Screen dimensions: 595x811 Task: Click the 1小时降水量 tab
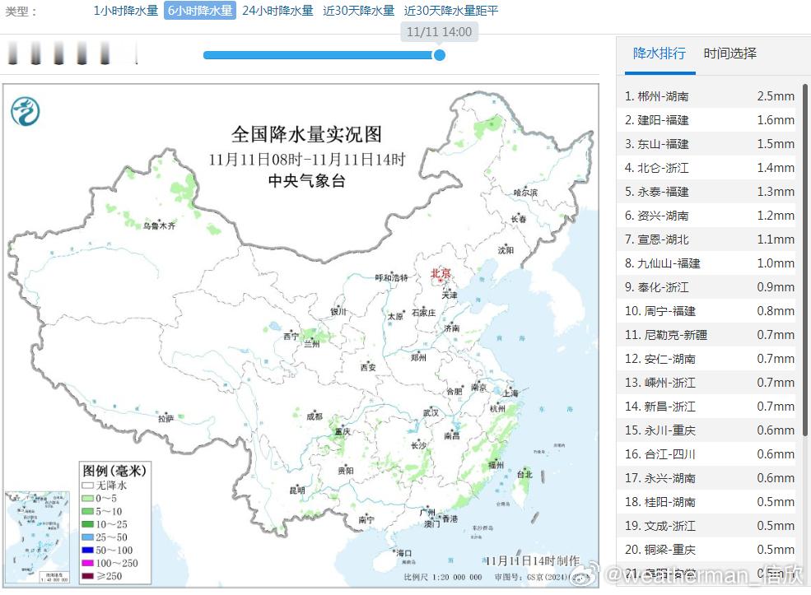coord(125,11)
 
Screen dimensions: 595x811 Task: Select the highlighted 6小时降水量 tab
coord(200,11)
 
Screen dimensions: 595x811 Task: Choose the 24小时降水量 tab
coord(277,11)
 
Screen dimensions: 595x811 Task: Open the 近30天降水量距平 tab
coord(451,11)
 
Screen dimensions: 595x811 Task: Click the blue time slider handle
coord(440,55)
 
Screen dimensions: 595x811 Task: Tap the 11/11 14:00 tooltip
coord(440,32)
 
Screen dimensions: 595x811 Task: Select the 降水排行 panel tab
coord(659,53)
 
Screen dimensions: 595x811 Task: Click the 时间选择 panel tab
coord(729,53)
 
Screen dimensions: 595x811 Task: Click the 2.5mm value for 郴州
coord(776,96)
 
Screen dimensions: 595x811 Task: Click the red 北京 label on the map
coord(441,273)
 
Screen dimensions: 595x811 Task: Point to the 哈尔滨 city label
coord(525,193)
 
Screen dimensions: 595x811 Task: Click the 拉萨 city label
coord(165,419)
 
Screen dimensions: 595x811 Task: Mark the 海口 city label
coord(403,552)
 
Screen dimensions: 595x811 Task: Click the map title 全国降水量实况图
coord(306,134)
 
